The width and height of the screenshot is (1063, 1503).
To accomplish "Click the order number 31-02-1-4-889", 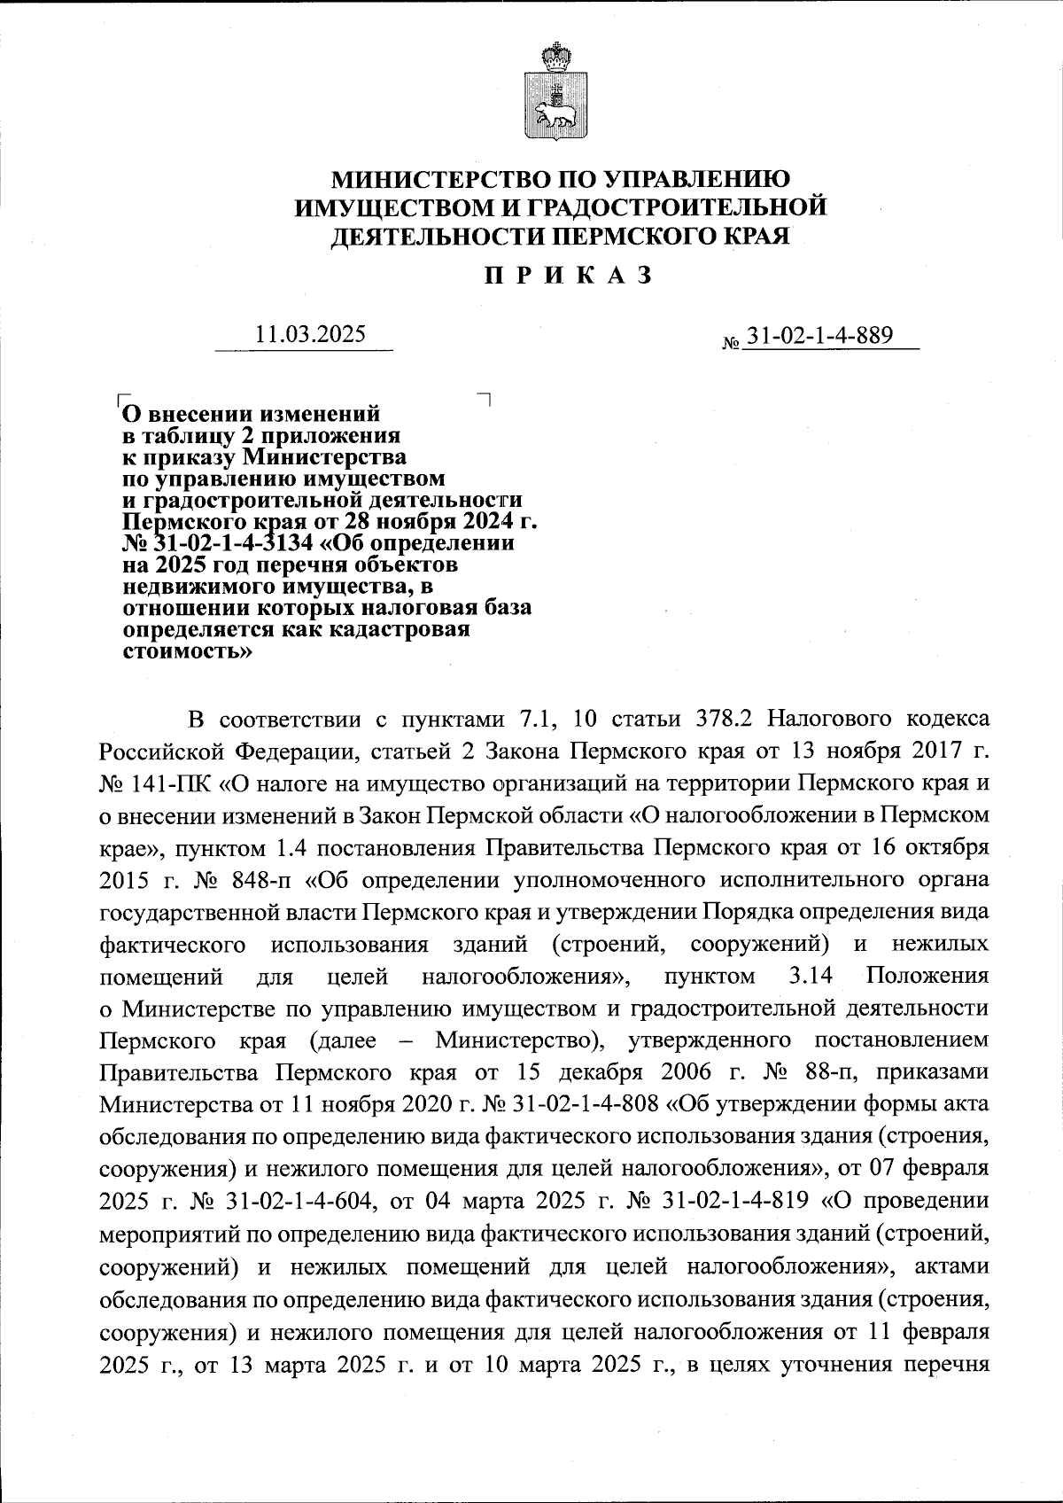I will (819, 336).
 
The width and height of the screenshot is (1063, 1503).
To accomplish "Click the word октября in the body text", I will (950, 848).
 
